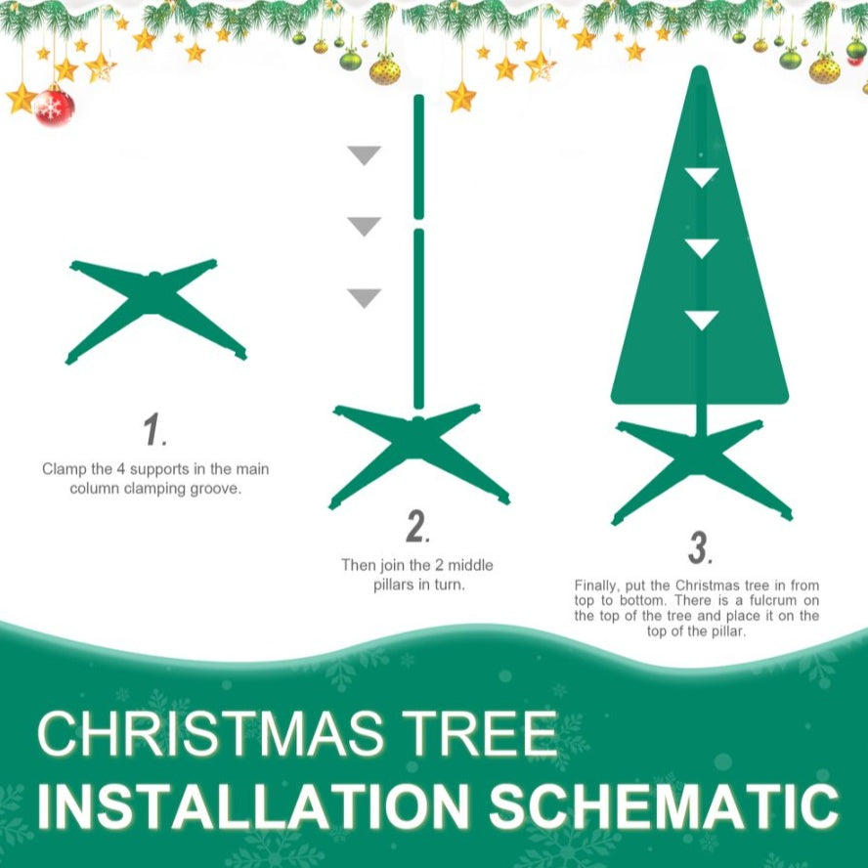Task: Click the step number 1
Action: tap(152, 429)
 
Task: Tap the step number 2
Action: tap(417, 527)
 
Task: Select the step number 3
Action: tap(698, 548)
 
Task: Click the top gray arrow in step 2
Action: tap(365, 155)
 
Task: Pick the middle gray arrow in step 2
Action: tap(365, 227)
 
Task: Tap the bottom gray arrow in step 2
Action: tap(365, 298)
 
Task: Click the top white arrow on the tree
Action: tap(701, 177)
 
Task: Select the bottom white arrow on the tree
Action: tap(701, 320)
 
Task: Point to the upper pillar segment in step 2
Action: tap(418, 156)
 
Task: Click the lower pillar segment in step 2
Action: tap(418, 318)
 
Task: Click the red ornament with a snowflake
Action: tap(54, 106)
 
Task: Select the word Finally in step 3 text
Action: tap(597, 586)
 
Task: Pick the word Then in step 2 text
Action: tap(358, 565)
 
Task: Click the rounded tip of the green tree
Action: tap(699, 74)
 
